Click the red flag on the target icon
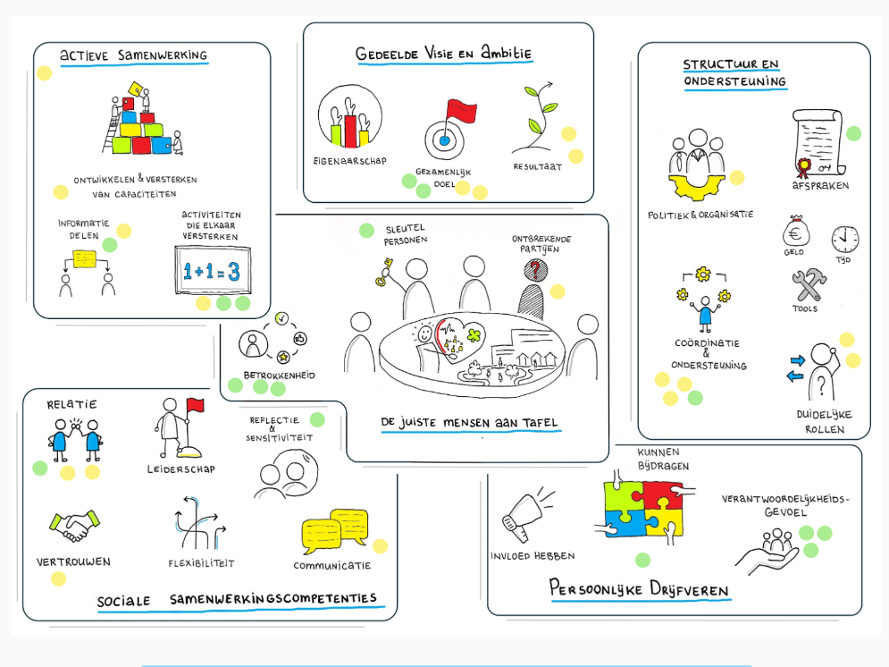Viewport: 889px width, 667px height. [x=461, y=113]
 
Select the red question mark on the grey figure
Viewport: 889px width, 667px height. [x=535, y=269]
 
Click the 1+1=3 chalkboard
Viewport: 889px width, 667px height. [x=212, y=271]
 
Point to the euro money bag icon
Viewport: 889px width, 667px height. [x=795, y=234]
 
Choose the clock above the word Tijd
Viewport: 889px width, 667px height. [x=844, y=239]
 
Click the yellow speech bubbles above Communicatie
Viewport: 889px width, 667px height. [x=335, y=529]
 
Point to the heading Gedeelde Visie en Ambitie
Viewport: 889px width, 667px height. [x=443, y=53]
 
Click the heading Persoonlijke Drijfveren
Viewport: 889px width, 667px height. [x=639, y=591]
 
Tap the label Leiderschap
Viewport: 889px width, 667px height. [x=180, y=469]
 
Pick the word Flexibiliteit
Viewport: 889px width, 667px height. [x=201, y=563]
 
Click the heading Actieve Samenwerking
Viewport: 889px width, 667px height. [x=133, y=55]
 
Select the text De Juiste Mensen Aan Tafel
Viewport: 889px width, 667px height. [x=470, y=422]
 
